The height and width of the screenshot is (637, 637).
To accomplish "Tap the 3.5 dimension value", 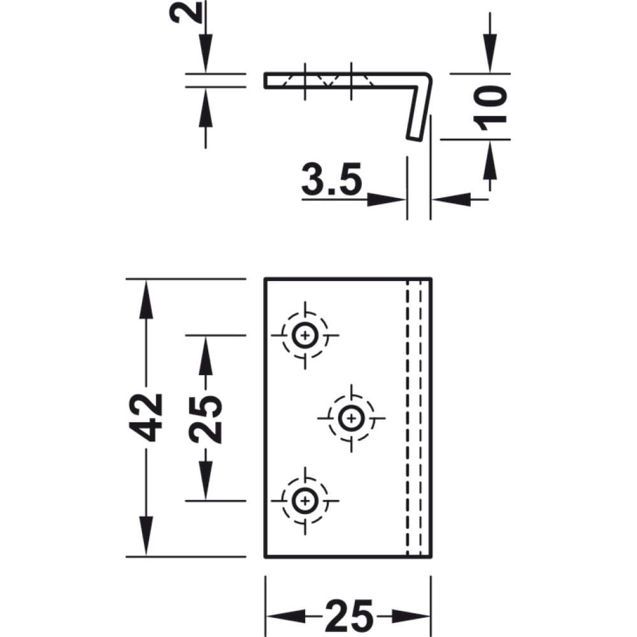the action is pos(331,179).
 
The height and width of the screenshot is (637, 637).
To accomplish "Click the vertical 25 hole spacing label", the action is pos(206,419).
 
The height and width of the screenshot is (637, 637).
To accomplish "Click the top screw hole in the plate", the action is pos(305,336).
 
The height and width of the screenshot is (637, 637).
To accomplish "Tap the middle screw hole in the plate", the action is pos(351,418).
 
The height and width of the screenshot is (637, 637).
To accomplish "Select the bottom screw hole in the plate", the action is pos(305,501).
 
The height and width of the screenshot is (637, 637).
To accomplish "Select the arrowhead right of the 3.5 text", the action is pos(386,199).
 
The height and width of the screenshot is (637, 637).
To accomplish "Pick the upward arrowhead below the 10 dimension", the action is pos(490,160).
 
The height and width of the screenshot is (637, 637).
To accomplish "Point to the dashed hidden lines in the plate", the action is pos(414,418).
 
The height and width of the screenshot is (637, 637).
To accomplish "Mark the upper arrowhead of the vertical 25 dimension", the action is pos(206,355).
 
